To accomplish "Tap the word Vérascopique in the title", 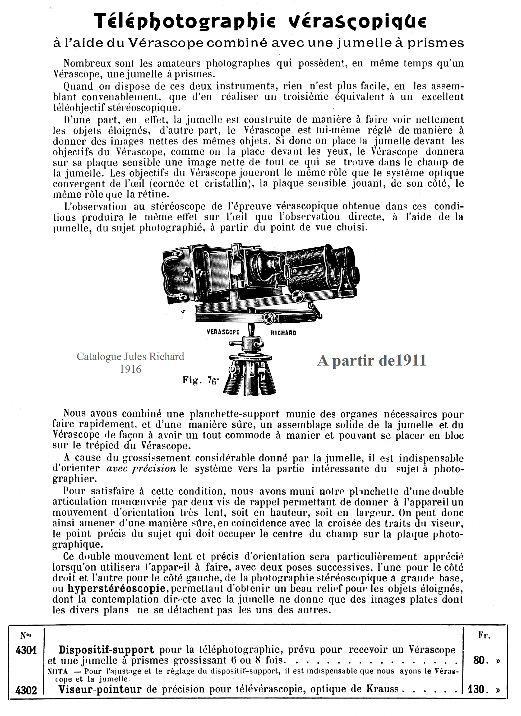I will click(x=357, y=21).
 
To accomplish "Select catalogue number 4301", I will click(x=26, y=650).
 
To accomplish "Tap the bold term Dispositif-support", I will click(x=106, y=650).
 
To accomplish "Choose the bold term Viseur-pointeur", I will click(x=100, y=689).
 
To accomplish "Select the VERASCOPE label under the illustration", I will click(x=223, y=332).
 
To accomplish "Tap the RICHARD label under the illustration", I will click(x=283, y=333).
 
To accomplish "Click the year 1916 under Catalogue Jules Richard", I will click(x=130, y=369).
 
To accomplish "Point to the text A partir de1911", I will click(x=372, y=360).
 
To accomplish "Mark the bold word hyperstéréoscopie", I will click(x=117, y=588).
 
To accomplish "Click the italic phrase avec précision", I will click(x=141, y=468).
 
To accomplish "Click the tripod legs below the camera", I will click(x=250, y=380).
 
